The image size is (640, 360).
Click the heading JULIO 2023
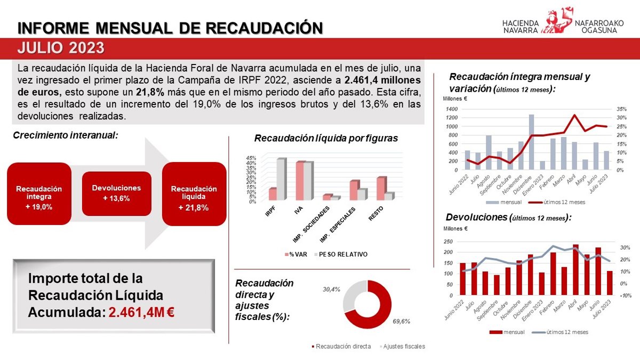tap(60, 48)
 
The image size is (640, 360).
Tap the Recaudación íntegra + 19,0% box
tap(39, 194)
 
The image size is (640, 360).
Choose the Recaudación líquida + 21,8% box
tap(194, 194)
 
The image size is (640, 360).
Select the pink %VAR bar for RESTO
tap(380, 188)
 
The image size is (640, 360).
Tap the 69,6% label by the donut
tap(401, 322)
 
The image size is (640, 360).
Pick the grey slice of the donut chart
tap(353, 296)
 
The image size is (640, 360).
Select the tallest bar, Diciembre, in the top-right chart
tap(531, 142)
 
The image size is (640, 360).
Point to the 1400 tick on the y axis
tap(451, 109)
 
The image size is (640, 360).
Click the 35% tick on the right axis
tap(620, 109)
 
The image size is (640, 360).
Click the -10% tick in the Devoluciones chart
tap(626, 295)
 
